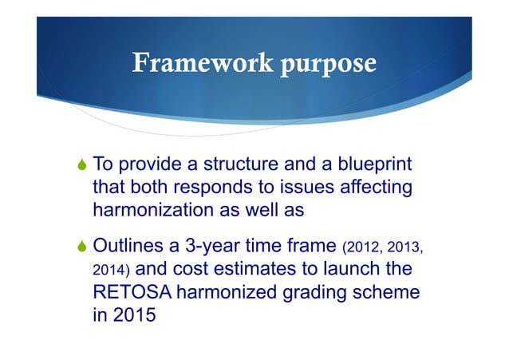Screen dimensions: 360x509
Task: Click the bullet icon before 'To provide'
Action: coord(80,166)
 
